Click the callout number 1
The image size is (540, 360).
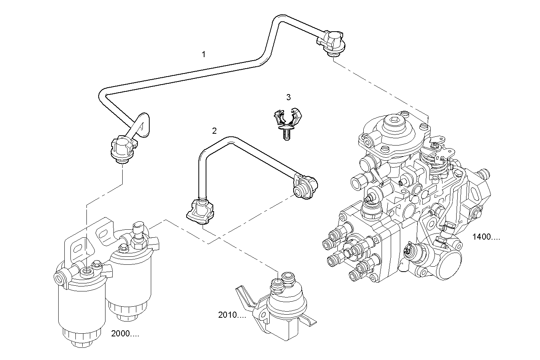(204, 54)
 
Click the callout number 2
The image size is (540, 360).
(214, 131)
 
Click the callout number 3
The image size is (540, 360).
(288, 98)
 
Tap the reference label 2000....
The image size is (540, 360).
(125, 334)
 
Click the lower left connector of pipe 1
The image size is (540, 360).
(122, 150)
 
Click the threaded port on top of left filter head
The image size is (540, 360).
(86, 271)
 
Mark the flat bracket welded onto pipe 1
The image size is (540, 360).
(144, 124)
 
